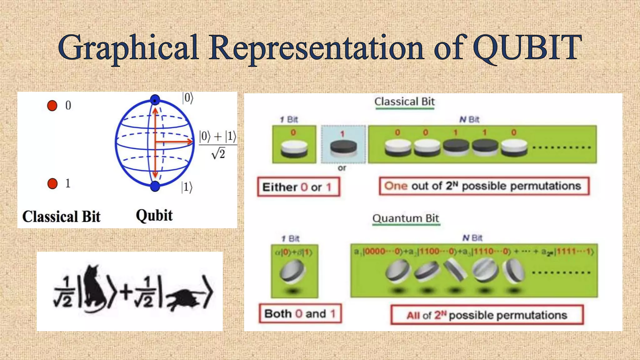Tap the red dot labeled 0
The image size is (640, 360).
click(x=52, y=106)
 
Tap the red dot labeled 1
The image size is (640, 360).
click(x=52, y=183)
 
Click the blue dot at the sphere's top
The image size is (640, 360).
click(x=155, y=100)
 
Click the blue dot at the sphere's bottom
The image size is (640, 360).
click(x=155, y=187)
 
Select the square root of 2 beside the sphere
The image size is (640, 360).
click(x=218, y=154)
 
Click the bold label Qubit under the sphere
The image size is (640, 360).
click(x=154, y=216)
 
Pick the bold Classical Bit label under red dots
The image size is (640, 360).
click(x=61, y=217)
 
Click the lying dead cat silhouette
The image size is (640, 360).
click(x=184, y=298)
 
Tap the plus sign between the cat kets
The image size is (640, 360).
click(x=126, y=293)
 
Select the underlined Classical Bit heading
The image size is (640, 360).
click(x=404, y=102)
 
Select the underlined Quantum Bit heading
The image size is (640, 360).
click(x=406, y=218)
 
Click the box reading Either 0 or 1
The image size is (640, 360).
click(x=298, y=187)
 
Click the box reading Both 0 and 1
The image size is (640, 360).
click(x=300, y=313)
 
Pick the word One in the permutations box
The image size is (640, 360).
click(x=396, y=186)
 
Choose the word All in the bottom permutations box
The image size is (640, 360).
click(x=413, y=315)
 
